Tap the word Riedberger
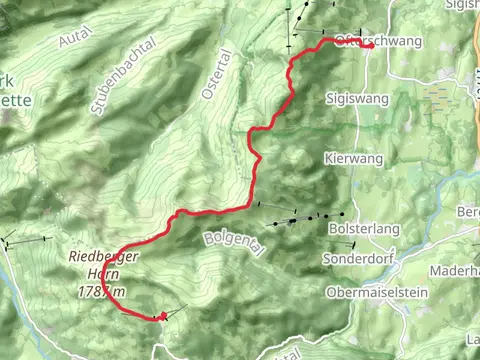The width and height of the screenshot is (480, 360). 103,256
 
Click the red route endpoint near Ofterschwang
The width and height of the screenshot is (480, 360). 371,46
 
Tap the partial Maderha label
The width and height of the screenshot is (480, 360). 455,272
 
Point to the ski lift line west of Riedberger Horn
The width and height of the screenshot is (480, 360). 24,241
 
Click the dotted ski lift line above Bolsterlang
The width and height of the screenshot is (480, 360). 300,217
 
